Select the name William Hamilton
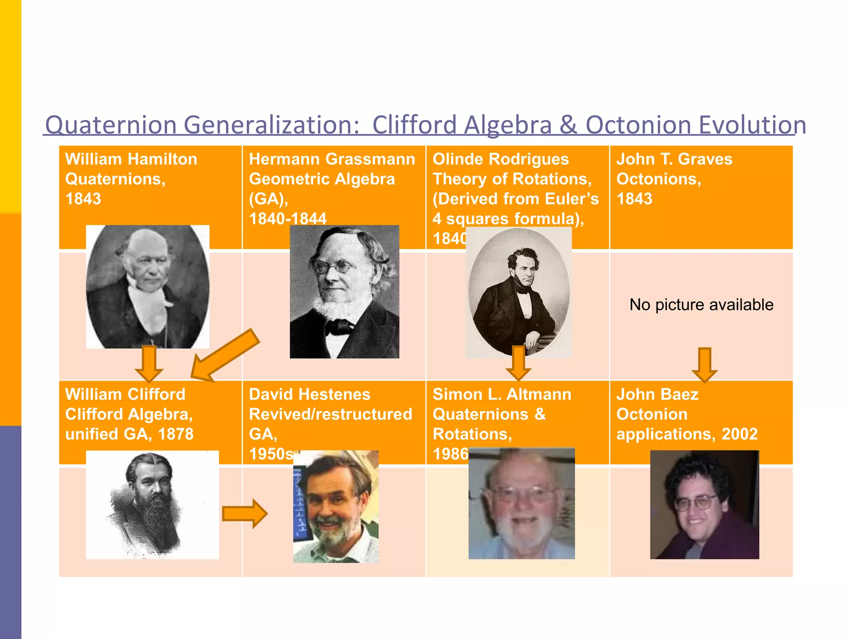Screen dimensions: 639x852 point(131,159)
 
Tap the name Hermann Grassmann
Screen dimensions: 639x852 point(332,159)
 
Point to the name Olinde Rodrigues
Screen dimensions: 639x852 point(500,159)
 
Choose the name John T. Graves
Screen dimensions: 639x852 point(674,159)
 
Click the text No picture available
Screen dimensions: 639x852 point(701,305)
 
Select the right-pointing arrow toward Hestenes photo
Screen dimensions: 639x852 point(245,514)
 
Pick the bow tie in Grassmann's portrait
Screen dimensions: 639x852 point(339,327)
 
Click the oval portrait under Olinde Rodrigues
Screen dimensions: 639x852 point(518,291)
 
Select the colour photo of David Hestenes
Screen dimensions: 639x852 point(336,506)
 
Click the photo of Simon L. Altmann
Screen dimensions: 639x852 point(521,503)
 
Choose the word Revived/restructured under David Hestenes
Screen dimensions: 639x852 point(330,414)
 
